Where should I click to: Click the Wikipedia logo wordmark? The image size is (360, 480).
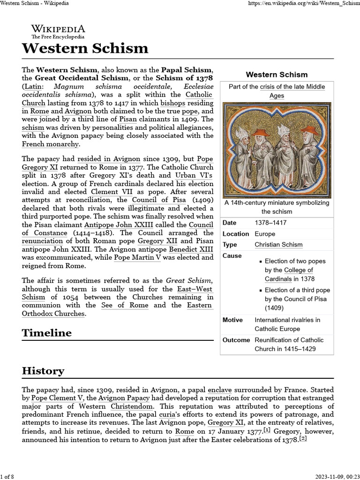point(58,29)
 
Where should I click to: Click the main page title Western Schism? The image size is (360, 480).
point(85,48)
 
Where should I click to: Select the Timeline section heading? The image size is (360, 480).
point(47,333)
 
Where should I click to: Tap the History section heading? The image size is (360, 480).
point(43,371)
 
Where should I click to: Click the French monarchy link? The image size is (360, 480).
point(50,144)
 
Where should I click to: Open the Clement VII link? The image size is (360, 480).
point(112,192)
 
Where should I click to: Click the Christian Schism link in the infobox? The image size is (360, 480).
point(278,245)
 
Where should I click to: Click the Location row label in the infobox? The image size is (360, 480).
point(236,233)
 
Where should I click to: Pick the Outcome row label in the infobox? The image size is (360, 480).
point(236,340)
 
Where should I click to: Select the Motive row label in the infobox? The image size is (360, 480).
point(233,320)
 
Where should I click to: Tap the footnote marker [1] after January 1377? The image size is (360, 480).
point(267,430)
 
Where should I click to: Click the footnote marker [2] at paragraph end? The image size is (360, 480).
point(303,439)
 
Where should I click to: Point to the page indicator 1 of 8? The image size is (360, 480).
point(7,477)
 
